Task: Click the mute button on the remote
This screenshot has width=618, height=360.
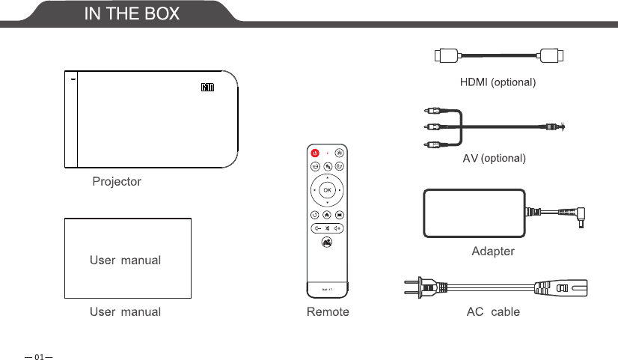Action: [x=327, y=228]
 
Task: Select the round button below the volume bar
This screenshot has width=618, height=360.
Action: [x=327, y=242]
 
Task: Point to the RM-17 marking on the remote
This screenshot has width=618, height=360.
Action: [x=327, y=288]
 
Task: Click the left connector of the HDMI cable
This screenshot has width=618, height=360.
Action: [x=446, y=55]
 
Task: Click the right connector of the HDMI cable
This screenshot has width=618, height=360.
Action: [x=553, y=55]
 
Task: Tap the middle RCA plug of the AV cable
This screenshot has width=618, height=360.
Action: [x=431, y=126]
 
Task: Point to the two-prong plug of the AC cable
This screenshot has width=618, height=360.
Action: [x=423, y=285]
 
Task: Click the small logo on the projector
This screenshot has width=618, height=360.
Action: [x=207, y=87]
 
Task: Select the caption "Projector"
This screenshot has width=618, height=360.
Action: [x=117, y=181]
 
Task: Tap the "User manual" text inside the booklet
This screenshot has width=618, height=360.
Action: [x=125, y=260]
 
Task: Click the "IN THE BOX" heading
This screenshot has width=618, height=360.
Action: [x=131, y=13]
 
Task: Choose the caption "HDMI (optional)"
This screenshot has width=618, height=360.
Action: [x=498, y=81]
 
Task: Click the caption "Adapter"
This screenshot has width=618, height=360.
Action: [x=492, y=251]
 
